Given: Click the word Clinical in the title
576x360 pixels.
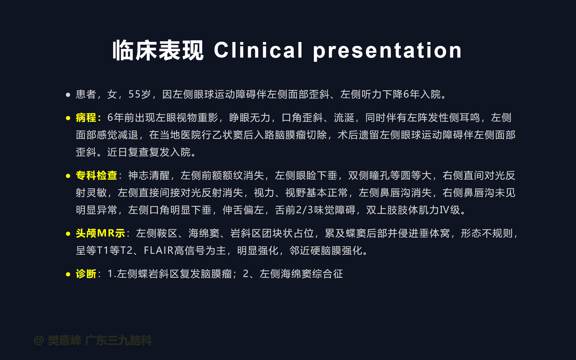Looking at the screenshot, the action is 258,50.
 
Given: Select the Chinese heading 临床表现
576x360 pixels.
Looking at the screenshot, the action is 158,50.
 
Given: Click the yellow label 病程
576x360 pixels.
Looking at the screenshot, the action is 86,118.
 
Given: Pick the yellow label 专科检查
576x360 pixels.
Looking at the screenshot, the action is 96,175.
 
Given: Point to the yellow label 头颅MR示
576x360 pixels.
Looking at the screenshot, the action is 100,233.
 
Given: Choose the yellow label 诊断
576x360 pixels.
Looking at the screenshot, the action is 86,274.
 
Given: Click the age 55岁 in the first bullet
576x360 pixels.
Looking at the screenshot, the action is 139,94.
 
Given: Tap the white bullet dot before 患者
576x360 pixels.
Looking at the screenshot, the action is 68,95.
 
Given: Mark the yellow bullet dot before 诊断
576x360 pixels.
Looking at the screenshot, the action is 68,274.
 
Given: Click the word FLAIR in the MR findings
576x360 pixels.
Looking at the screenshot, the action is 159,250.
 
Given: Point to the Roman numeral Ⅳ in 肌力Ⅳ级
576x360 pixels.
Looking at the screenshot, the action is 445,210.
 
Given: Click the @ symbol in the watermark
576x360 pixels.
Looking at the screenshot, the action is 39,340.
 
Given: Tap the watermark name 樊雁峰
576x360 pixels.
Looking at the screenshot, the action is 64,340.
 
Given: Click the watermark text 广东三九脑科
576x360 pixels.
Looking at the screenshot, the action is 118,340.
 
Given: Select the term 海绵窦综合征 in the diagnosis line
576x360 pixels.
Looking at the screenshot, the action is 312,274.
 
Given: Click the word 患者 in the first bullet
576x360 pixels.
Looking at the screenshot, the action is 86,94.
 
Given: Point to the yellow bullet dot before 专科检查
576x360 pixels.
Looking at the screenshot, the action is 68,176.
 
